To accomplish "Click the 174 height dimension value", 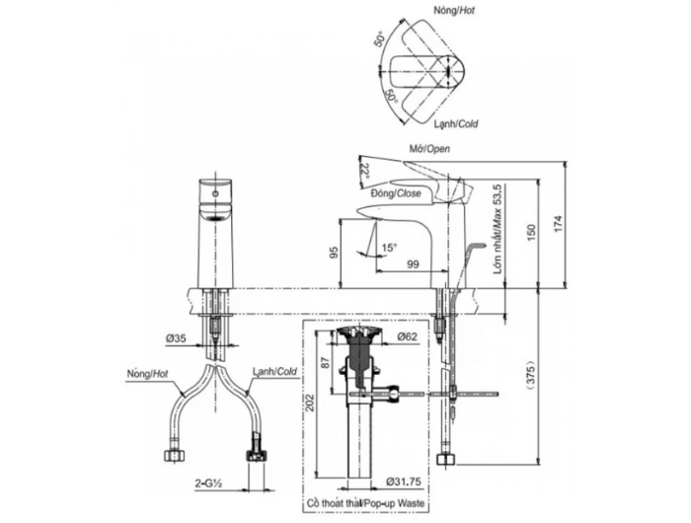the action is point(559,224).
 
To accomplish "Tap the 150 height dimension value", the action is point(531,232).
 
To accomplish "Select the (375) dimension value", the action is point(531,375).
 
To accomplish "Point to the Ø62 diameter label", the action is point(407,336).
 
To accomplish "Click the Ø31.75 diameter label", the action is point(404,482).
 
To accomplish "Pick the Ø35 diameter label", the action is point(176,338).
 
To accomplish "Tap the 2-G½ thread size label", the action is point(207,484).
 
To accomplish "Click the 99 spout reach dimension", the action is point(413,263).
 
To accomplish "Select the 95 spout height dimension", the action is point(334,253).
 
